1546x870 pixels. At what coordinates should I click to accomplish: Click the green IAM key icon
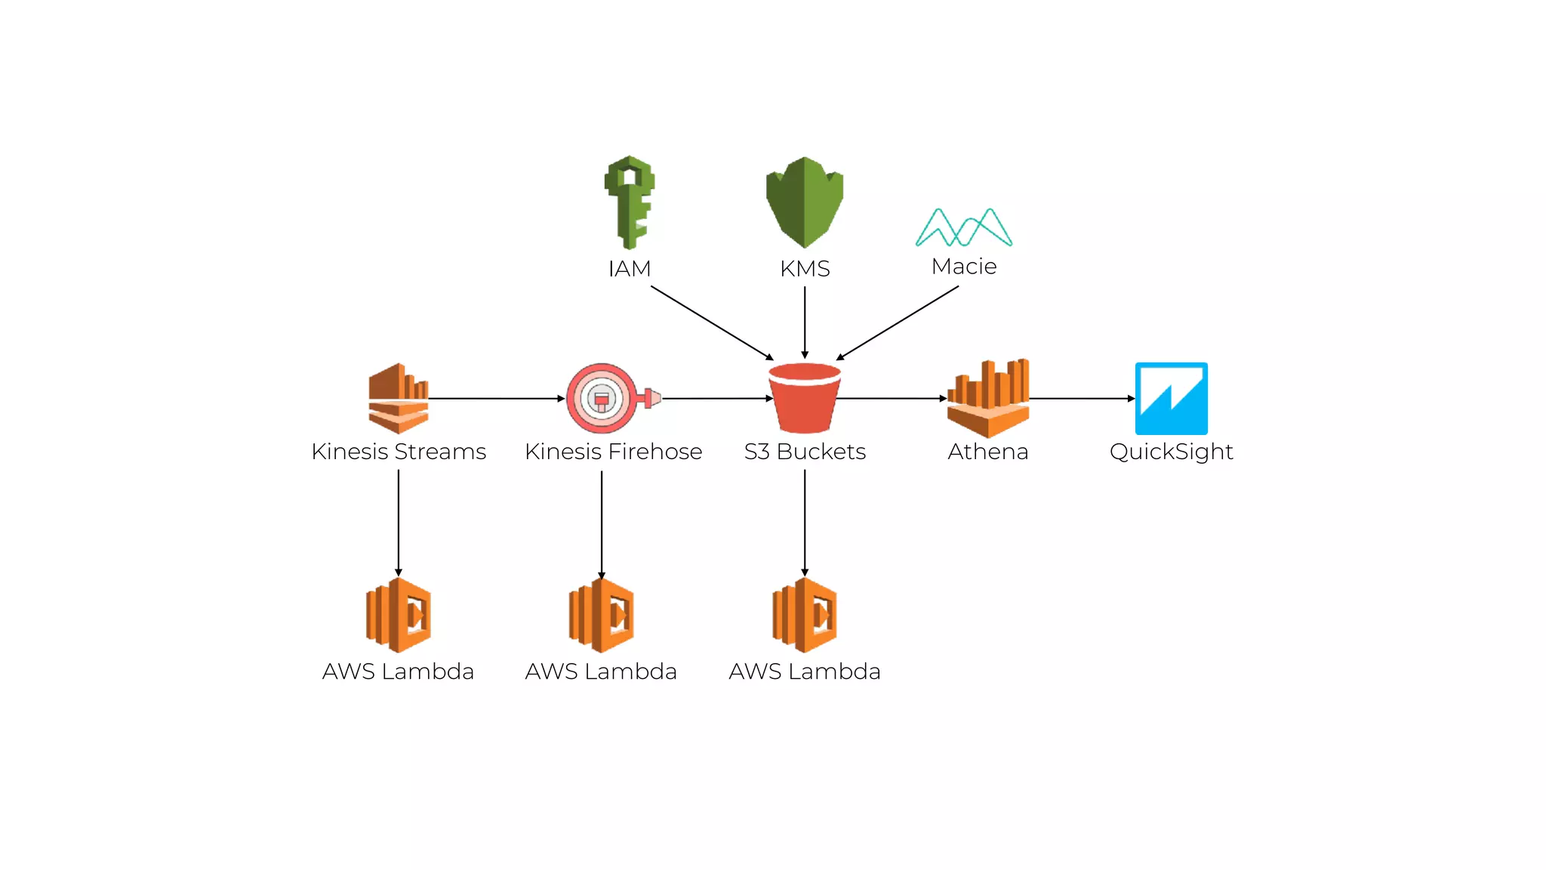630,202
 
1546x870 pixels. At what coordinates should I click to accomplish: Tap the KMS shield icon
805,202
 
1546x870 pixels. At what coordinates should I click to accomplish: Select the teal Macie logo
964,227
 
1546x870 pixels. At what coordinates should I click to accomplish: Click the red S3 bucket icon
805,398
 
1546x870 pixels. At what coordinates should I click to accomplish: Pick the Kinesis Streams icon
399,398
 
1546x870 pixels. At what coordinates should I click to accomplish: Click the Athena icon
988,398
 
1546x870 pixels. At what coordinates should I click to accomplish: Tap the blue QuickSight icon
1171,398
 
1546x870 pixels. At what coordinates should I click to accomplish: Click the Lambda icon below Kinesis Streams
399,615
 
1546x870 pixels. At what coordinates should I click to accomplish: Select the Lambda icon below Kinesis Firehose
602,615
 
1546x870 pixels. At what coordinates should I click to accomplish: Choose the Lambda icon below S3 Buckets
805,615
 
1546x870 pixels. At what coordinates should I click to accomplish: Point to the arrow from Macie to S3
898,322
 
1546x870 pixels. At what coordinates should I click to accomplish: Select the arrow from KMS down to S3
805,321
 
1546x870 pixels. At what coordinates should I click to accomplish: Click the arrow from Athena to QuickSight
1081,398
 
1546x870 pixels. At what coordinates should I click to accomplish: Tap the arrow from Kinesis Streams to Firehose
496,398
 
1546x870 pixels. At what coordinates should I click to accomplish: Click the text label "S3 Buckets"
805,452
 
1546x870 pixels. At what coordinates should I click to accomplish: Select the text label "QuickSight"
1171,452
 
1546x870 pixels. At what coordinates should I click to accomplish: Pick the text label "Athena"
988,452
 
